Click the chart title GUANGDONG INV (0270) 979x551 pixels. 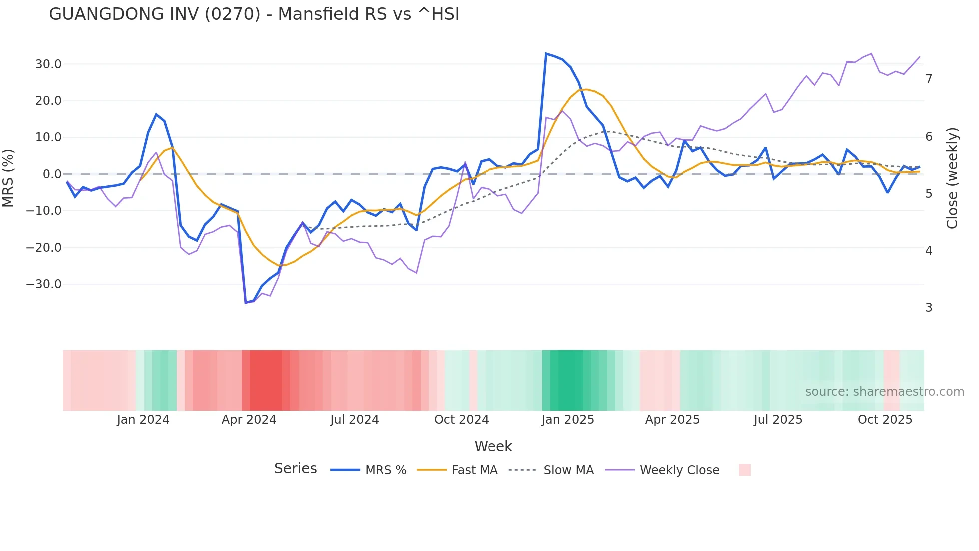tap(254, 14)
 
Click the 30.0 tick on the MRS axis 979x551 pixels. tap(48, 64)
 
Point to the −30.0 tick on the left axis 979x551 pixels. tap(44, 284)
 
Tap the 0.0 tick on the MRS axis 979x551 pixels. tap(52, 174)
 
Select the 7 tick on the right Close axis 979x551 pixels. tap(929, 79)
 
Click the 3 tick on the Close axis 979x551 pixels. tap(929, 308)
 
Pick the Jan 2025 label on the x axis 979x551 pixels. tap(568, 420)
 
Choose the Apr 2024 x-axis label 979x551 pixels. tap(249, 420)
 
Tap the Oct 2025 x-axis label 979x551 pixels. tap(885, 420)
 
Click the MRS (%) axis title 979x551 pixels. tap(8, 178)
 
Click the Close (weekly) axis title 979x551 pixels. tap(952, 178)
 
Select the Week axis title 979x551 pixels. tap(493, 446)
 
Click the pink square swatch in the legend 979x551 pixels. tap(744, 470)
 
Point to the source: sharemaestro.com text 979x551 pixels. tap(884, 392)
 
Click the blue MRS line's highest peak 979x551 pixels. tap(546, 53)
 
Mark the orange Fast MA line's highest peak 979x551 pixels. tap(586, 89)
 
